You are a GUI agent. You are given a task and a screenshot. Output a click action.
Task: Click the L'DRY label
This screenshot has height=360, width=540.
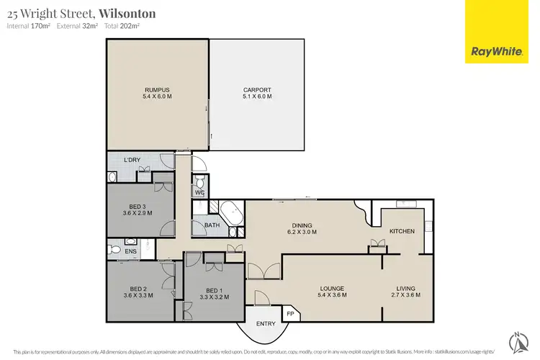(x=131, y=159)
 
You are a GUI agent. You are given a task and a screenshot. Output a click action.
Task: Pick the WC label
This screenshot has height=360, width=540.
(x=199, y=192)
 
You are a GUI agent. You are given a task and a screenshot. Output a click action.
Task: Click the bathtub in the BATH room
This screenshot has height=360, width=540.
(x=230, y=213)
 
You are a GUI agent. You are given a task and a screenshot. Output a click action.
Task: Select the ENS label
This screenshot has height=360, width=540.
(x=130, y=251)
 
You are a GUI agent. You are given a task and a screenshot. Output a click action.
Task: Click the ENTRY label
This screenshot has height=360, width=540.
(x=266, y=323)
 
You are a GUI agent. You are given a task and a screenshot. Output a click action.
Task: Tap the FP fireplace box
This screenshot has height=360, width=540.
(x=290, y=314)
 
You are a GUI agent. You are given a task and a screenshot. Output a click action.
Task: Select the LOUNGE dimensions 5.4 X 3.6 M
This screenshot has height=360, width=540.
(x=333, y=295)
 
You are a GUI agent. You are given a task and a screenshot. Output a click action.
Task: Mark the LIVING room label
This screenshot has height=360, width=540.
(x=405, y=289)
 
